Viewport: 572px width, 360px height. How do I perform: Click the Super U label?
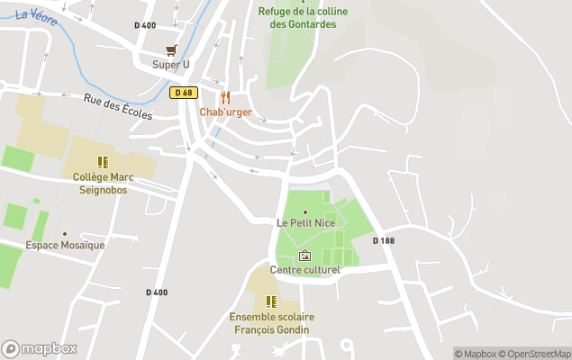click(171, 64)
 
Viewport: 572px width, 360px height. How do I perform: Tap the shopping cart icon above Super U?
click(171, 50)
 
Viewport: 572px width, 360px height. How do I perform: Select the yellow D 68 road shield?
click(184, 93)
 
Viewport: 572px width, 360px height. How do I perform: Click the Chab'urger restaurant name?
click(225, 112)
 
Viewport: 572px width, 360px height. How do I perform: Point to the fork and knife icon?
click(225, 97)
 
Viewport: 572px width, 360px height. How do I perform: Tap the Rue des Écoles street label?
click(118, 107)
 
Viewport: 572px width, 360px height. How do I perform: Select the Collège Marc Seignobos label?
click(103, 183)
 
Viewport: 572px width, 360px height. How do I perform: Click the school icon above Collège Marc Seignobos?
click(103, 163)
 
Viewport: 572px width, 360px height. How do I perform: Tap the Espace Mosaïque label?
click(65, 245)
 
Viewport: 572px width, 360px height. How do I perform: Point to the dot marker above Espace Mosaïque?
click(65, 233)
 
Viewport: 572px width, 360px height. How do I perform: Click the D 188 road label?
click(385, 240)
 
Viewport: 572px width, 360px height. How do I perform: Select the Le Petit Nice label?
click(304, 222)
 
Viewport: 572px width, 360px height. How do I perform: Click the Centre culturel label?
click(304, 270)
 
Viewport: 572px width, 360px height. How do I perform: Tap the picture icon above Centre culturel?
click(304, 256)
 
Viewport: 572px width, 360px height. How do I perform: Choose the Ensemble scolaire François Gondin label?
click(269, 323)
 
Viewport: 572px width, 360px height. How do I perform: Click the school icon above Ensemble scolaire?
click(270, 301)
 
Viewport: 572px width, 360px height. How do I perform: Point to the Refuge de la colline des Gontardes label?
click(296, 18)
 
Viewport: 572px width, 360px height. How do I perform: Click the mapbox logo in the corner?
click(40, 348)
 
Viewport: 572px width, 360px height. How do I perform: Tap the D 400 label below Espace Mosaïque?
click(157, 292)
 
